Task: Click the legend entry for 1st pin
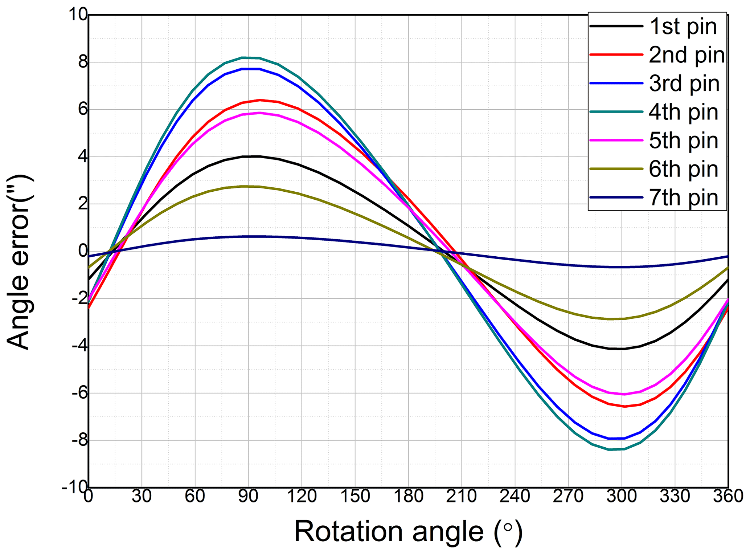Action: pos(683,27)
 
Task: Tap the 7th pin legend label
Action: pos(683,197)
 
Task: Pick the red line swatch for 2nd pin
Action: pos(616,54)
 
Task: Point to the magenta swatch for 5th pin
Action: pos(616,140)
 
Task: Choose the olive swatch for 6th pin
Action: pos(616,169)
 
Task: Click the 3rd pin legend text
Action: pos(684,83)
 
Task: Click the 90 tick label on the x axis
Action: pos(249,496)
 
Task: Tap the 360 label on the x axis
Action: pos(728,496)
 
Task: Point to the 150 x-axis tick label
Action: pos(355,496)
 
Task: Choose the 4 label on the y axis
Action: pos(83,157)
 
